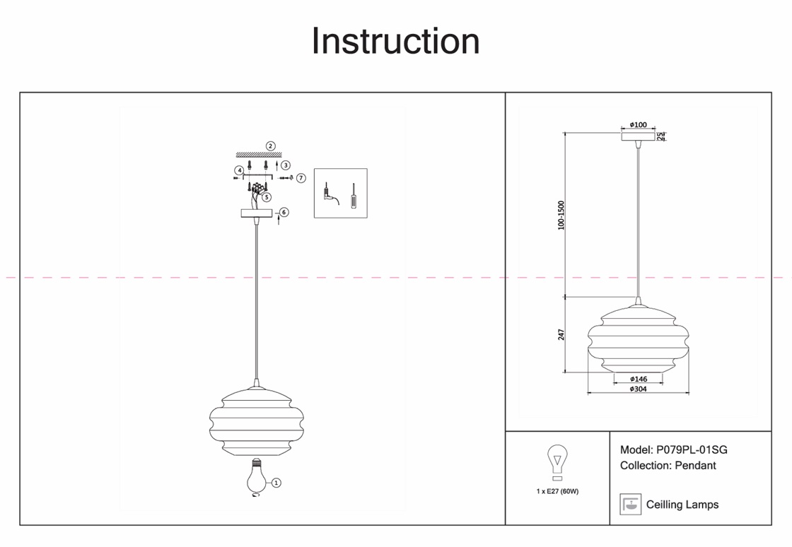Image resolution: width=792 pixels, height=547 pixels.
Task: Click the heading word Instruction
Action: pos(395,41)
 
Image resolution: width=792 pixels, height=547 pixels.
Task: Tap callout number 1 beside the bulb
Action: pos(276,483)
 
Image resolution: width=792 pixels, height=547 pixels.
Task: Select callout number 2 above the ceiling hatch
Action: pos(270,146)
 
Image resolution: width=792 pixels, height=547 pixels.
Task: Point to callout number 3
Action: pos(285,165)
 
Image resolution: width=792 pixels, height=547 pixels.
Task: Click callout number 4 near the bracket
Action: pos(240,170)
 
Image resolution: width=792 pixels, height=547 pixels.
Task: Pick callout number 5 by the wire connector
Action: pos(267,197)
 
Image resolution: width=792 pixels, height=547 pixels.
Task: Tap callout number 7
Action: pos(301,178)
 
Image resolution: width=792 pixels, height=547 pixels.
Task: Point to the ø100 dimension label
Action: pos(638,125)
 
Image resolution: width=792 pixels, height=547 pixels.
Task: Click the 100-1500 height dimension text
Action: pos(561,215)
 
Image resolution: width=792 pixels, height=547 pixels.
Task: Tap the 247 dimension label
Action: pos(561,334)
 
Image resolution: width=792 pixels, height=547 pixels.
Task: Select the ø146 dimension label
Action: pos(639,380)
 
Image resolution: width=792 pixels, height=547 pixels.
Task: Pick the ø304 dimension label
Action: pos(639,389)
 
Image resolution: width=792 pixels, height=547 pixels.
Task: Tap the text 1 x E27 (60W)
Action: pos(557,491)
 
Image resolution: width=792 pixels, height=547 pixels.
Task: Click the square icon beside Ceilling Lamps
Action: pos(629,504)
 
